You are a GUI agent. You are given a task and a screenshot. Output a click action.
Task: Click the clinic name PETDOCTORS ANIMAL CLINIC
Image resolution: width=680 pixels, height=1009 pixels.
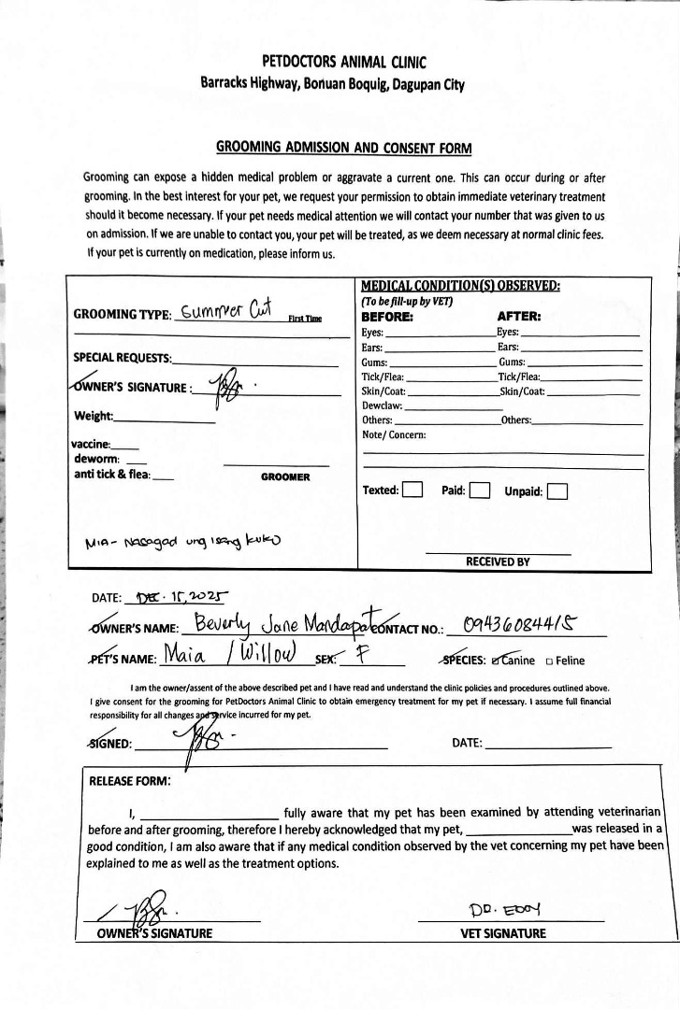click(344, 63)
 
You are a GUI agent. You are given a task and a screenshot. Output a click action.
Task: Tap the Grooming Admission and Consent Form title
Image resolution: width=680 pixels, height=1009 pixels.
click(344, 148)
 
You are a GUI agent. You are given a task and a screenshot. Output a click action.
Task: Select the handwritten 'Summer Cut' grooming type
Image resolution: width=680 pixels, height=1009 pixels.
click(224, 312)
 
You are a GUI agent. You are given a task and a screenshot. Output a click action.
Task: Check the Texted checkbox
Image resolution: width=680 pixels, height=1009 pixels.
click(412, 490)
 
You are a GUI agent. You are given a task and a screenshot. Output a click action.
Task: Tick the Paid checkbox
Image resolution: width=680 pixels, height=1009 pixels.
click(480, 490)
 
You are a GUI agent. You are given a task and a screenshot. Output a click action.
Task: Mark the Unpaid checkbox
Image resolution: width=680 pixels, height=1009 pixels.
click(557, 490)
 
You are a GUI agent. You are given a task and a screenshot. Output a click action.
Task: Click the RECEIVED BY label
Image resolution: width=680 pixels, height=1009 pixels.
click(498, 561)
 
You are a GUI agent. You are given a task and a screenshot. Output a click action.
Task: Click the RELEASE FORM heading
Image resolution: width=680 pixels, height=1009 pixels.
click(129, 781)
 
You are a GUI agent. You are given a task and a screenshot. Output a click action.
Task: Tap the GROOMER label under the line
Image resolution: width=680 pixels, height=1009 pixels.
click(285, 476)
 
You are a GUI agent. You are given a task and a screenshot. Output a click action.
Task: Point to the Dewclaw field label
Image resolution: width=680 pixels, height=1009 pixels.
click(382, 405)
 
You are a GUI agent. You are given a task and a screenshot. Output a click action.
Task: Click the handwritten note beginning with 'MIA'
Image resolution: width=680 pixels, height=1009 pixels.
click(182, 542)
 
